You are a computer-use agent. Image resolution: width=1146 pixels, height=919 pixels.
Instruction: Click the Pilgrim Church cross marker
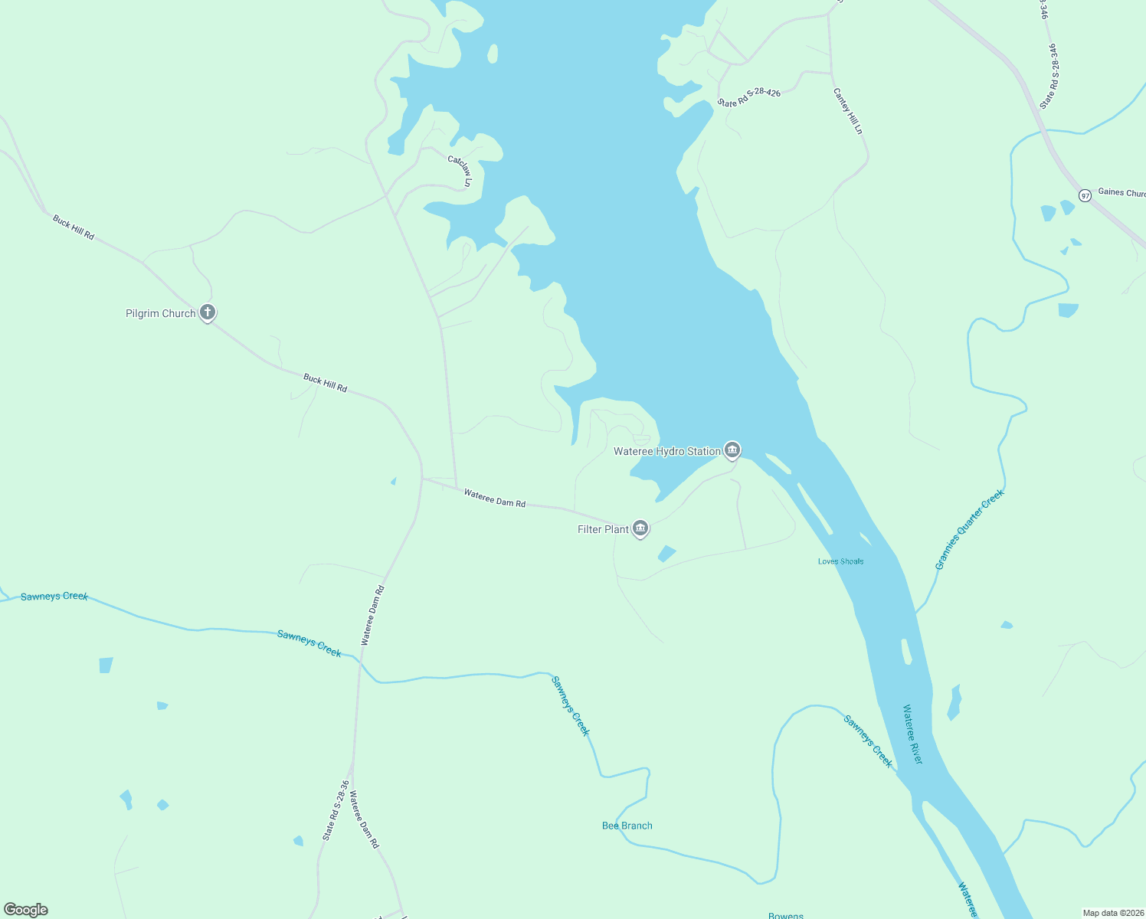click(207, 312)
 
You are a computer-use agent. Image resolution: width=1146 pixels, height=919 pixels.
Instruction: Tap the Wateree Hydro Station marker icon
click(732, 450)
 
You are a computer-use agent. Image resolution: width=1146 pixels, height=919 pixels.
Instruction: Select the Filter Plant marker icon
click(640, 528)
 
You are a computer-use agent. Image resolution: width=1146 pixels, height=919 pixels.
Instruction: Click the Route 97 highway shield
click(1085, 195)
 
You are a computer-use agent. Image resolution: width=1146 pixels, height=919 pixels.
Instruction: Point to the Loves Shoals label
click(840, 561)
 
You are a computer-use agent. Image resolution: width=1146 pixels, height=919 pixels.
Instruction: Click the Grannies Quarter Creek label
click(969, 530)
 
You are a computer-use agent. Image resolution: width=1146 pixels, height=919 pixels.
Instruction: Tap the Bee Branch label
click(627, 826)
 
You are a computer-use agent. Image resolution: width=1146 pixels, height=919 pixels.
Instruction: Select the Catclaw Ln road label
click(461, 171)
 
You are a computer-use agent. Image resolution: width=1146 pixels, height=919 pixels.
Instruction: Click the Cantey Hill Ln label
click(848, 111)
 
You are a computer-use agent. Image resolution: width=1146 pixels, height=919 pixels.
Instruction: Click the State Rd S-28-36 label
click(336, 810)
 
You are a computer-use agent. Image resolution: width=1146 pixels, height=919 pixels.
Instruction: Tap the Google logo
click(26, 909)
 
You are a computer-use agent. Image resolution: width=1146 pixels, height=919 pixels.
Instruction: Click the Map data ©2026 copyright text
click(1112, 913)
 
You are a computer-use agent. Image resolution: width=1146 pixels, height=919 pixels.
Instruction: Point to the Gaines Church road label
click(1121, 192)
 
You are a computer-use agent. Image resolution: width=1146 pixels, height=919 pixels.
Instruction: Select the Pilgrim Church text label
click(160, 313)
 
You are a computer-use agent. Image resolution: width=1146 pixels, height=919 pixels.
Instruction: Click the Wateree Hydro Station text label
click(666, 451)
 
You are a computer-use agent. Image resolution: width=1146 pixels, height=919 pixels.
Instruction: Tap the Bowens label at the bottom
click(785, 915)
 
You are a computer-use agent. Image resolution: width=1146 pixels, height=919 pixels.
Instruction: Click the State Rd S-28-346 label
click(1049, 75)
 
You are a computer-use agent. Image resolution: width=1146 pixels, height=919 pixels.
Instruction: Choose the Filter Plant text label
click(603, 529)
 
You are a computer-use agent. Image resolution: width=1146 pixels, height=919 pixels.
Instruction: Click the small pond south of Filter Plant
click(666, 553)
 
